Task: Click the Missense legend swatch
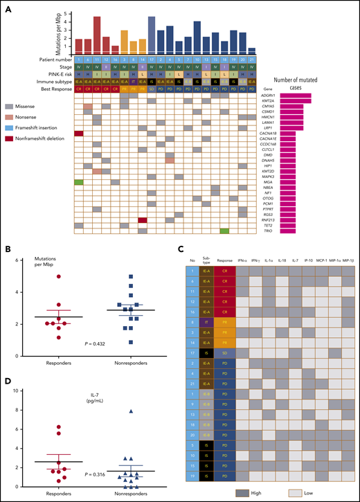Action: pyautogui.click(x=28, y=107)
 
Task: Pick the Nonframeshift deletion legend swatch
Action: pyautogui.click(x=28, y=138)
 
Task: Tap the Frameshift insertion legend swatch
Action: pyautogui.click(x=28, y=128)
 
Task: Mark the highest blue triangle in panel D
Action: pyautogui.click(x=141, y=411)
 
